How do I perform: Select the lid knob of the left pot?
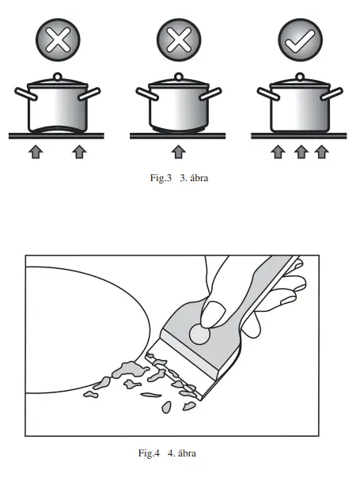(x=56, y=77)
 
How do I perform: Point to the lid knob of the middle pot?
(x=178, y=77)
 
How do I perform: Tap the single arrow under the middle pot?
(x=178, y=151)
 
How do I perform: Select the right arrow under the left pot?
(x=78, y=151)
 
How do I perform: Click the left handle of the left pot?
(x=24, y=95)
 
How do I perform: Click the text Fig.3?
(x=161, y=178)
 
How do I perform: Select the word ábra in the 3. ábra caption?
(x=198, y=178)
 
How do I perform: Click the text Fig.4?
(x=149, y=453)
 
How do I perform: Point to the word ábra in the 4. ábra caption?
(x=186, y=453)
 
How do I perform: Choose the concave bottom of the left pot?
(x=56, y=130)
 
